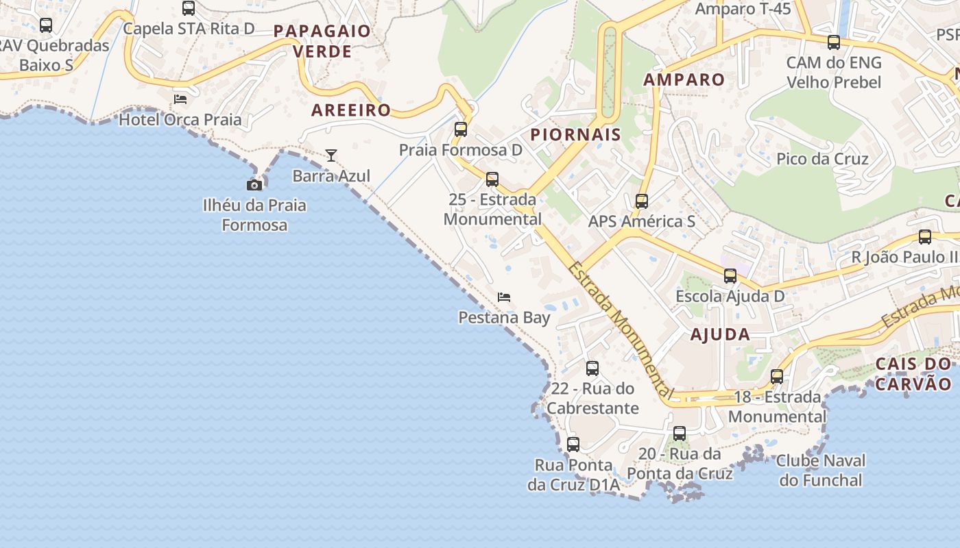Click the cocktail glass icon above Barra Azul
(x=331, y=155)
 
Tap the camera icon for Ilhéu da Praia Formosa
(x=254, y=185)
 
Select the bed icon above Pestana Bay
(x=504, y=297)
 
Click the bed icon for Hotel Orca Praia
(x=180, y=99)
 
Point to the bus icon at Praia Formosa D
(x=461, y=129)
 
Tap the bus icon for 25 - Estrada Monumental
(x=492, y=179)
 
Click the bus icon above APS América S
(x=642, y=201)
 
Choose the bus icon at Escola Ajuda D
(x=730, y=276)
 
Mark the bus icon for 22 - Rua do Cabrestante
(x=592, y=369)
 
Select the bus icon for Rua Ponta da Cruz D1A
(x=573, y=445)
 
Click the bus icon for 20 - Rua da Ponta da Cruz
(x=680, y=434)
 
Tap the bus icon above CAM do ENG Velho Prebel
(x=834, y=42)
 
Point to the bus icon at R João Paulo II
(x=925, y=237)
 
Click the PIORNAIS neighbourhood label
(x=575, y=134)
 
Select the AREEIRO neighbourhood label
(x=351, y=110)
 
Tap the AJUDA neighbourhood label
(x=720, y=335)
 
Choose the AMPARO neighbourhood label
(x=684, y=79)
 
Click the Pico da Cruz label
(x=822, y=159)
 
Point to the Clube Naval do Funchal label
(x=821, y=470)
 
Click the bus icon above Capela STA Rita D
(x=189, y=8)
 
